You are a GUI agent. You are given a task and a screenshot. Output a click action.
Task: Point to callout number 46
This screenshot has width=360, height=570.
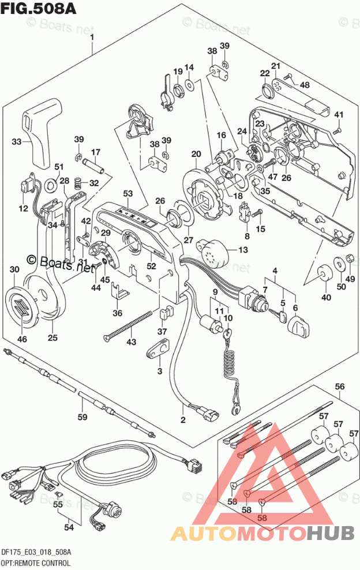(22, 339)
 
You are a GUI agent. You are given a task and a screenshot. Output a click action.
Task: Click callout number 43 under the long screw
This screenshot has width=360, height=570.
(132, 343)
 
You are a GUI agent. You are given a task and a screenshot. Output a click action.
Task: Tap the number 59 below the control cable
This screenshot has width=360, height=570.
(83, 417)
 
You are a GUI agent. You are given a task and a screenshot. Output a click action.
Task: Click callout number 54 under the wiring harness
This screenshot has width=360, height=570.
(69, 527)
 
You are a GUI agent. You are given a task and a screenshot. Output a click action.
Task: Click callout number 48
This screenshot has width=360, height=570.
(305, 85)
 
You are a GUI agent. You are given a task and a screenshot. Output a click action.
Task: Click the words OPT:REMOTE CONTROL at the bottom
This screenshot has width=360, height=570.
(36, 562)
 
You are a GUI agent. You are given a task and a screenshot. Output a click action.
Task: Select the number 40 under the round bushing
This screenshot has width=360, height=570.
(327, 298)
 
